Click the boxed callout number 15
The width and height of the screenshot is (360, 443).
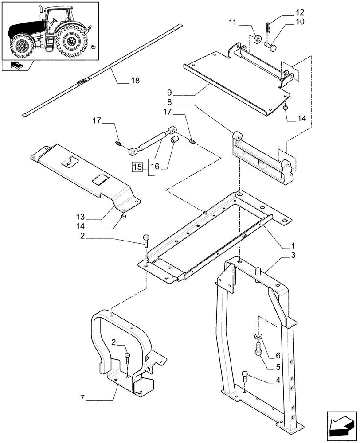coord(137,167)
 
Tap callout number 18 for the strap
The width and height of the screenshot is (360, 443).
coord(135,81)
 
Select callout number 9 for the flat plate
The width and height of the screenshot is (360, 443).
coord(169,94)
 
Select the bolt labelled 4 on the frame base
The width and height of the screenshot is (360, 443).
coord(245,376)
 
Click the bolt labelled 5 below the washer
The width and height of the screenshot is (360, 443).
coord(258,352)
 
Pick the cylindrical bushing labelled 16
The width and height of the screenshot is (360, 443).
coord(174,141)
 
